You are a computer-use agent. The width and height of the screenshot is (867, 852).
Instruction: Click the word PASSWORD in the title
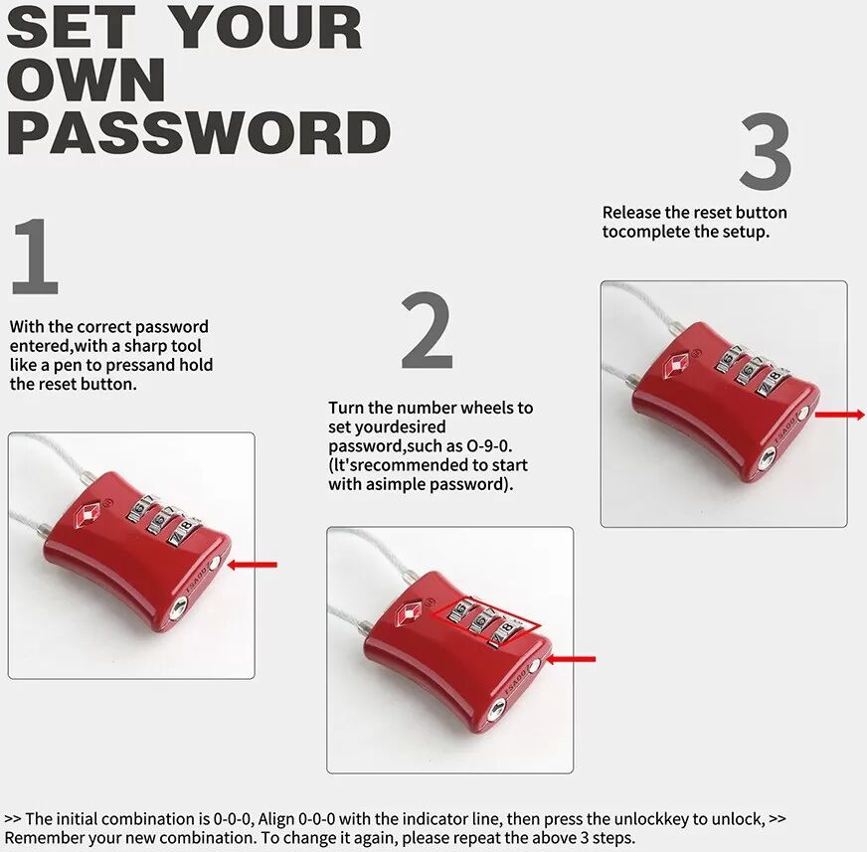click(199, 132)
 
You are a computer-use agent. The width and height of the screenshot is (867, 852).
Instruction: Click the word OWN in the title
click(87, 80)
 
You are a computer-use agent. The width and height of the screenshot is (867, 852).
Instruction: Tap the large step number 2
click(427, 330)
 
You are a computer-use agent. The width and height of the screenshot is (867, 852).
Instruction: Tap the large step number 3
click(766, 150)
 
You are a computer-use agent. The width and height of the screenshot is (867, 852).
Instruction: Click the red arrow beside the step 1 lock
click(253, 565)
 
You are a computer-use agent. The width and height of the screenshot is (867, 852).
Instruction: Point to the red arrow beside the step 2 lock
click(571, 659)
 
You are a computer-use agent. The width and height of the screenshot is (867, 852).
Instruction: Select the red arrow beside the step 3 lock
click(839, 415)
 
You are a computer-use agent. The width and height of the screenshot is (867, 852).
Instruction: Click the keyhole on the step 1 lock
click(178, 609)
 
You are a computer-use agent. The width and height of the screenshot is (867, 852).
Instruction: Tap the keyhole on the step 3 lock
click(768, 458)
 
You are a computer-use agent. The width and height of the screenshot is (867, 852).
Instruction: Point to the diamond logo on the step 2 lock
click(410, 612)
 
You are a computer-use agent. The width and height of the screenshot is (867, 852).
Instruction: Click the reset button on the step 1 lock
click(215, 564)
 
